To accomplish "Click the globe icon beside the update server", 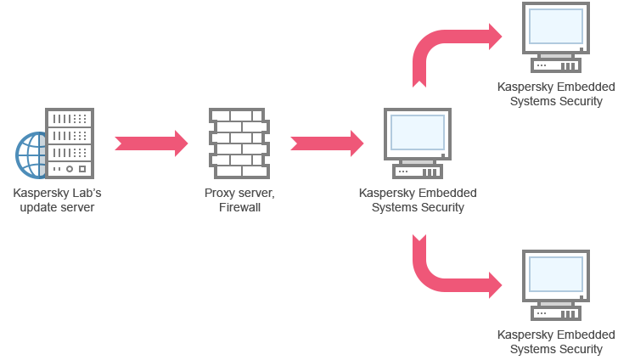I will pyautogui.click(x=31, y=155).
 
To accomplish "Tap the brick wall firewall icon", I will pyautogui.click(x=238, y=142).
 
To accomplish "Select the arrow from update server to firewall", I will pyautogui.click(x=151, y=143).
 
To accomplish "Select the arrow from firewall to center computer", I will pyautogui.click(x=327, y=143).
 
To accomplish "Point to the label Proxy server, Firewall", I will pyautogui.click(x=239, y=200).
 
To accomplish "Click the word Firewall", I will pyautogui.click(x=239, y=207).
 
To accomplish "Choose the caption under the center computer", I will pyautogui.click(x=418, y=200).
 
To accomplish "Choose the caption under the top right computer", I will pyautogui.click(x=557, y=94).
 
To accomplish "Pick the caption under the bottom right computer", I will pyautogui.click(x=556, y=342).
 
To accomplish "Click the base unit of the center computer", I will pyautogui.click(x=417, y=171).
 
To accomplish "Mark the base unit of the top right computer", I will pyautogui.click(x=556, y=65).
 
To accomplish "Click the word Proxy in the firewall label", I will pyautogui.click(x=219, y=194).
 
